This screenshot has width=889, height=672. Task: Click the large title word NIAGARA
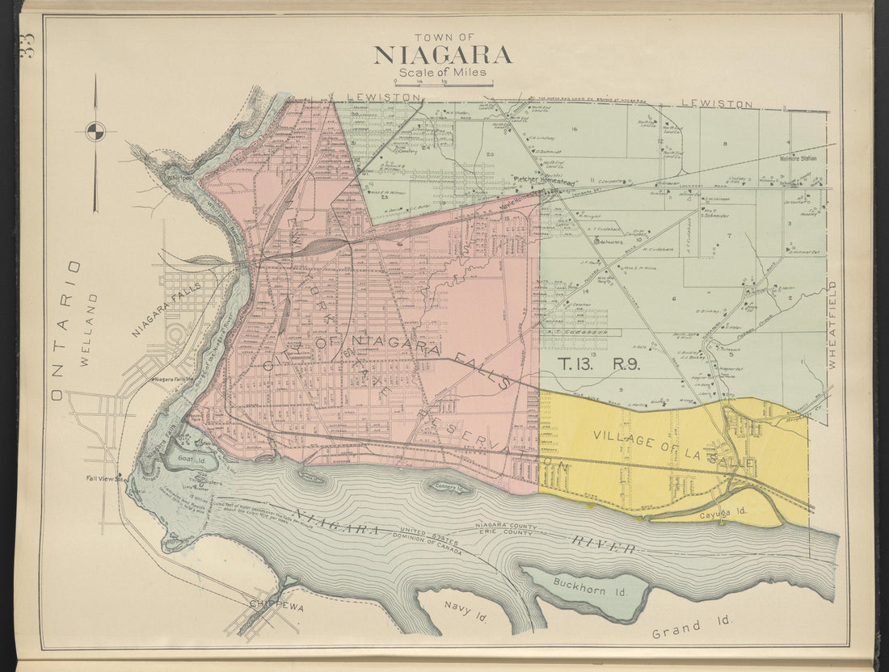click(x=442, y=55)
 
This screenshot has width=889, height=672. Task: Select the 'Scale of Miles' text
click(x=442, y=73)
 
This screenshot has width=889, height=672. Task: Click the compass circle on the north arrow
click(x=95, y=131)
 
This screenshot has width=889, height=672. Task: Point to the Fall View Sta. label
click(x=104, y=477)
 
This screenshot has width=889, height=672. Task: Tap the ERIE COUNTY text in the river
click(x=509, y=533)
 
